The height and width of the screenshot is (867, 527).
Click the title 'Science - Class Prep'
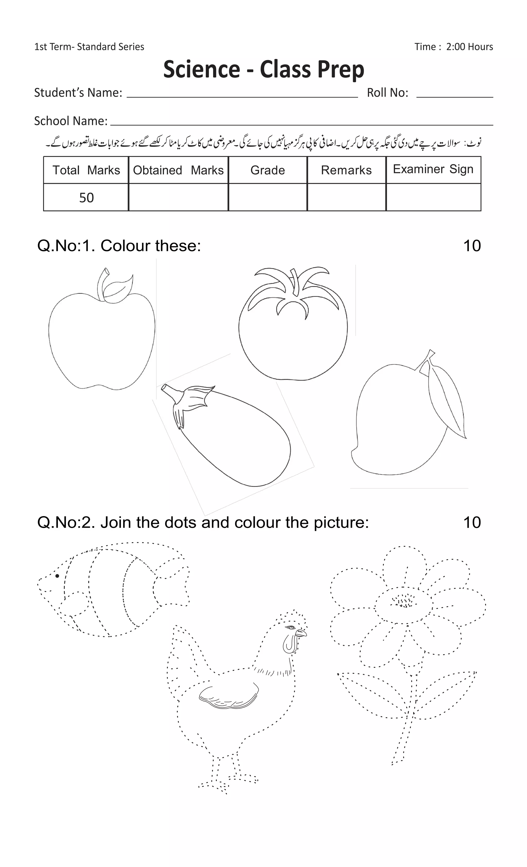tap(263, 69)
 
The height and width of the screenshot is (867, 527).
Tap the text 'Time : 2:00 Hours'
tap(453, 47)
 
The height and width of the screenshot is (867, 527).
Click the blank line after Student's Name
tap(242, 94)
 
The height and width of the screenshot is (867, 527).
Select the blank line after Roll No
tap(454, 94)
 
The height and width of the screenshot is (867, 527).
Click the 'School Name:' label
tap(71, 121)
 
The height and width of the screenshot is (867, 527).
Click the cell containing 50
tap(86, 198)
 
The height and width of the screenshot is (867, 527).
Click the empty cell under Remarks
tap(346, 197)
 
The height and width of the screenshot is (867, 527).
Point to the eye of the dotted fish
tap(57, 576)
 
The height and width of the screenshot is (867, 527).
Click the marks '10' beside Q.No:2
tap(472, 523)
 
